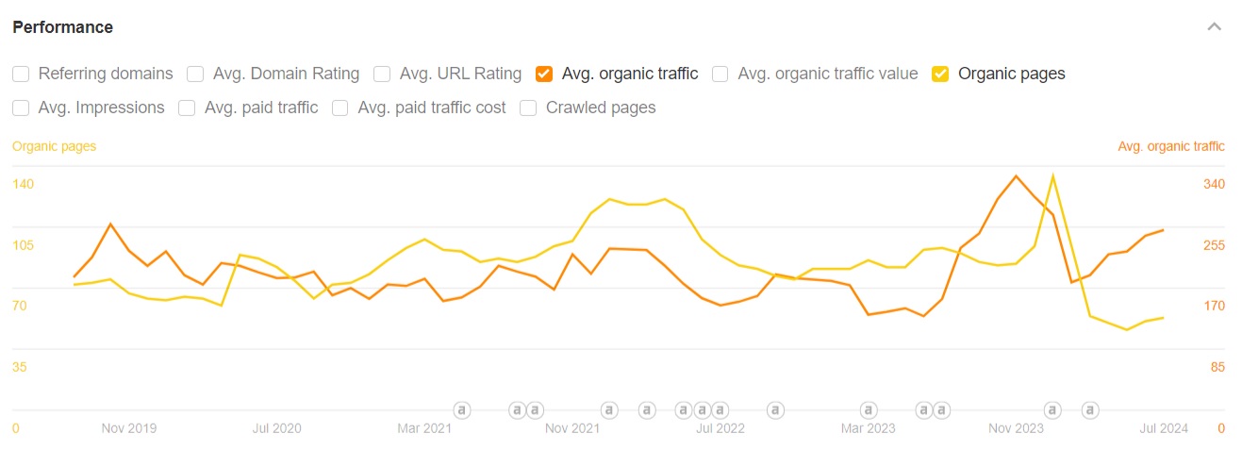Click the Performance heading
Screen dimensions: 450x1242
(62, 27)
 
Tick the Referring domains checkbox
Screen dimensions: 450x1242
(21, 74)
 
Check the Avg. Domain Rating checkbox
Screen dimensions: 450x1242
(195, 74)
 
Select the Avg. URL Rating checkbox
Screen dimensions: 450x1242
(382, 74)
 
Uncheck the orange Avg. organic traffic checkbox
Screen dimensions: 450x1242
(543, 74)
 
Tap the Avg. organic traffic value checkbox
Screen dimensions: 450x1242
(720, 74)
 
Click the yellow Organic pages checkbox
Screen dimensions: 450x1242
(940, 74)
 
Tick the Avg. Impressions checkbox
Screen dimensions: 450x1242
(21, 108)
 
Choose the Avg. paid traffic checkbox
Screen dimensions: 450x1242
(187, 108)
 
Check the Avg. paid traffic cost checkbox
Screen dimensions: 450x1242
(339, 108)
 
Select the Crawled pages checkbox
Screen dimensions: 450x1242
(528, 108)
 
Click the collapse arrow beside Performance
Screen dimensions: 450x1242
(1214, 26)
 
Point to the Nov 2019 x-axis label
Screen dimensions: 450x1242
(129, 428)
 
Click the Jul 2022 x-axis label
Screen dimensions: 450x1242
(720, 428)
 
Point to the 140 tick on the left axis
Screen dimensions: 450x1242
(23, 184)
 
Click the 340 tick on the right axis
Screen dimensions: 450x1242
(1214, 184)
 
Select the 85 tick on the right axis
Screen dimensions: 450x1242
(1217, 367)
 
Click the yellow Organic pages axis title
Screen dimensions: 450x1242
(54, 146)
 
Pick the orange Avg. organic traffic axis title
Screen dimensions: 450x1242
(1171, 146)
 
